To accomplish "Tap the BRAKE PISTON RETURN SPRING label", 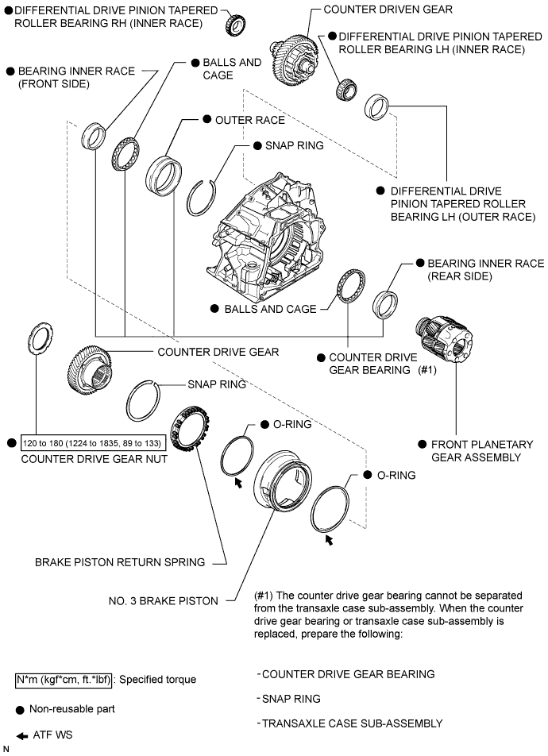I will point(120,562).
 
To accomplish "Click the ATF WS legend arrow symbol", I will point(22,735).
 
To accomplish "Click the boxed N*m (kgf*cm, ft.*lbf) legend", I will point(65,680).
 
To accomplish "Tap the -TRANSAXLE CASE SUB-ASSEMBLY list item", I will point(350,723).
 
